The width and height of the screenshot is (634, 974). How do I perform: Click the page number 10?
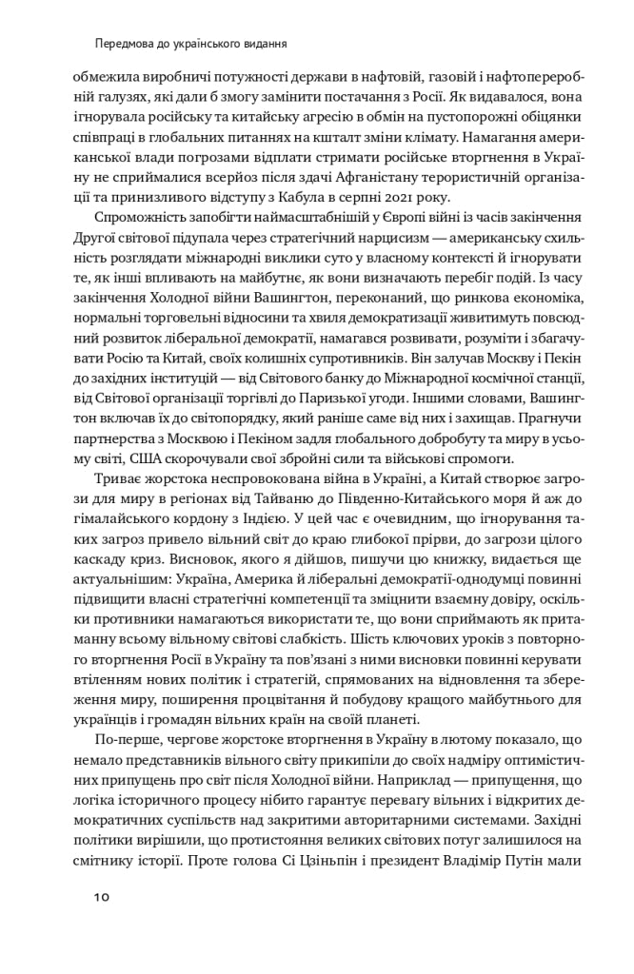103,897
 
